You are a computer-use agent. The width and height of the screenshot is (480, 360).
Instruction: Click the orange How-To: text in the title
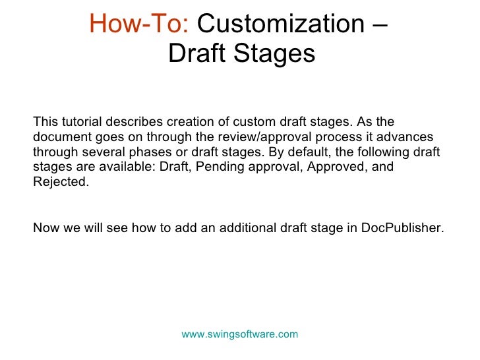tap(139, 24)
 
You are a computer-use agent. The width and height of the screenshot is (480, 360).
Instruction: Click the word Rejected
tap(59, 181)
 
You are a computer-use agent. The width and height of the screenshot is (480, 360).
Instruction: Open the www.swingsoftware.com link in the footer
tap(240, 334)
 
